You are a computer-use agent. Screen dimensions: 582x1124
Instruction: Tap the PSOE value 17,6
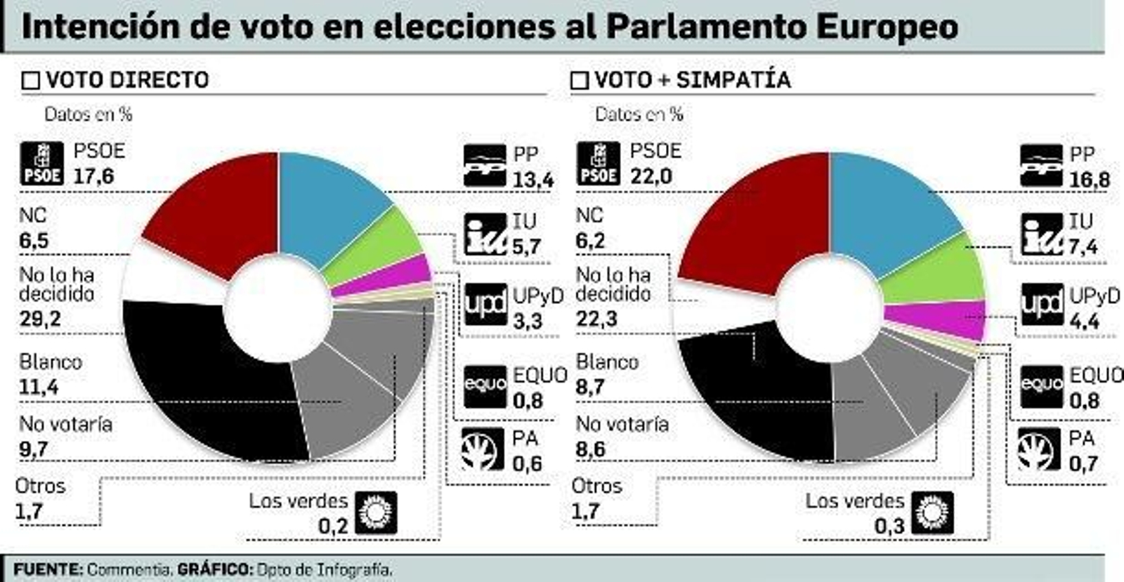93,176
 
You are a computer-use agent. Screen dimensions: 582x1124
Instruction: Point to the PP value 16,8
1089,180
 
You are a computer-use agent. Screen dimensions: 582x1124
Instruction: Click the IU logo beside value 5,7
485,234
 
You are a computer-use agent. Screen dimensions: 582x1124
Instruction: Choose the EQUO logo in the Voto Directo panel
485,385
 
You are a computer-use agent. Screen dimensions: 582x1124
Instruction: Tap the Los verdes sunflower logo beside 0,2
376,512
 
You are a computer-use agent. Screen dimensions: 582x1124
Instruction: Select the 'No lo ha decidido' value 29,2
40,319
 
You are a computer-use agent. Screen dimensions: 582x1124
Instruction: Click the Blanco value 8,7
590,387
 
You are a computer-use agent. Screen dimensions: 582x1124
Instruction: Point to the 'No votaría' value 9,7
34,449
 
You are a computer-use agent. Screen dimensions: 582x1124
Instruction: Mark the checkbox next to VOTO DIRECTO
31,81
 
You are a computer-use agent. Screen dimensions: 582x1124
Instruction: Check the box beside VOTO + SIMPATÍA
580,81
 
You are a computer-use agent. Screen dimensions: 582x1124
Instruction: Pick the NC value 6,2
590,241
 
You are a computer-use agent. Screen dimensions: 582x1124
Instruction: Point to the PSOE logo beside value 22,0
598,164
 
